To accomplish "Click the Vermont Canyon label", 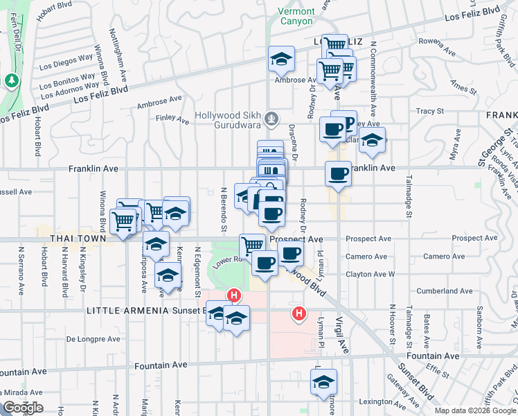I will [x=296, y=16].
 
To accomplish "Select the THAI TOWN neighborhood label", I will [x=77, y=239].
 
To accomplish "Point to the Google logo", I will [x=23, y=408].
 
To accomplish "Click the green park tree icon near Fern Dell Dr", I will [x=11, y=82].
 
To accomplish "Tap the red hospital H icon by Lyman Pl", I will [x=298, y=313].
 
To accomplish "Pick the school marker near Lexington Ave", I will [x=323, y=381].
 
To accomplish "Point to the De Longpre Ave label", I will [x=90, y=340].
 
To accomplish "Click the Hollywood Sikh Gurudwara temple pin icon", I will [x=272, y=116].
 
